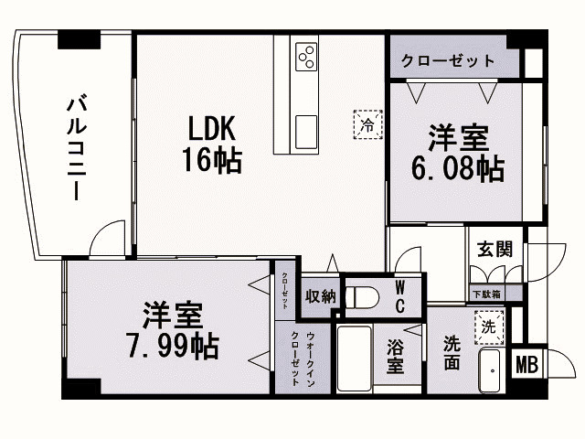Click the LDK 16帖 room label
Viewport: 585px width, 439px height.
tap(216, 145)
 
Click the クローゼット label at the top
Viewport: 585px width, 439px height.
tap(448, 61)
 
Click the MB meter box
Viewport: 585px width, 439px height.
tap(526, 365)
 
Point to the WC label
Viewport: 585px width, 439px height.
tap(400, 296)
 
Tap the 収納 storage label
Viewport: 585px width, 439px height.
tap(320, 295)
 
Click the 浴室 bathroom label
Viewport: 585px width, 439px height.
tap(394, 356)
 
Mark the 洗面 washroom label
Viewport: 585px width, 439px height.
tap(452, 352)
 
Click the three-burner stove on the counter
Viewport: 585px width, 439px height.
tap(306, 57)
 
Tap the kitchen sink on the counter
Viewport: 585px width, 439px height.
tap(305, 125)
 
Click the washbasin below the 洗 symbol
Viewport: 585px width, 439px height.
tap(491, 370)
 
